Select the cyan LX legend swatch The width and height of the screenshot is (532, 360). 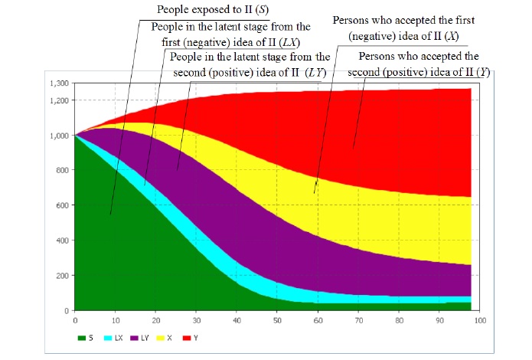[108, 337]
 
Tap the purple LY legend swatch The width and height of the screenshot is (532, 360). [136, 337]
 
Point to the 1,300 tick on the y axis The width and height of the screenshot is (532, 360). [58, 83]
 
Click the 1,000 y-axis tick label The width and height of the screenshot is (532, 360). [58, 136]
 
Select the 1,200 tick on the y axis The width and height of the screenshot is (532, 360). [58, 100]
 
